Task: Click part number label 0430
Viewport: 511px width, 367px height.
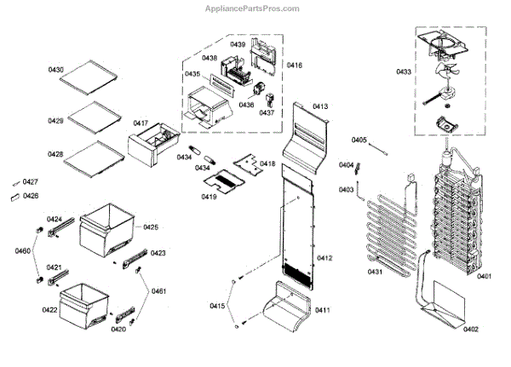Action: pyautogui.click(x=55, y=68)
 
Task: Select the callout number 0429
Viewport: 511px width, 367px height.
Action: pyautogui.click(x=55, y=121)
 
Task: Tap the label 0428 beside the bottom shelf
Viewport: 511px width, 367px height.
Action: pyautogui.click(x=55, y=154)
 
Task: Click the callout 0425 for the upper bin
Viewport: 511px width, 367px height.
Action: pyautogui.click(x=151, y=227)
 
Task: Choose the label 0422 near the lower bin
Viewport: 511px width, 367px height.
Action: pyautogui.click(x=50, y=310)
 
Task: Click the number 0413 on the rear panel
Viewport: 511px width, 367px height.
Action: pyautogui.click(x=320, y=106)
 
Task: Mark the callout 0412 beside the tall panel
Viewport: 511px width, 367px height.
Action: pyautogui.click(x=324, y=258)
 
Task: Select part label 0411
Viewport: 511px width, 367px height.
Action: pyautogui.click(x=322, y=310)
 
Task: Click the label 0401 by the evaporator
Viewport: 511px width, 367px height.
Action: pyautogui.click(x=485, y=276)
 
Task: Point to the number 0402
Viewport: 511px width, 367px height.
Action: pyautogui.click(x=471, y=330)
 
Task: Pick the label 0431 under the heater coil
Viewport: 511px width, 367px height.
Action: pyautogui.click(x=376, y=272)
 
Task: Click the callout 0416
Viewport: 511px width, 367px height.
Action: pyautogui.click(x=295, y=65)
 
